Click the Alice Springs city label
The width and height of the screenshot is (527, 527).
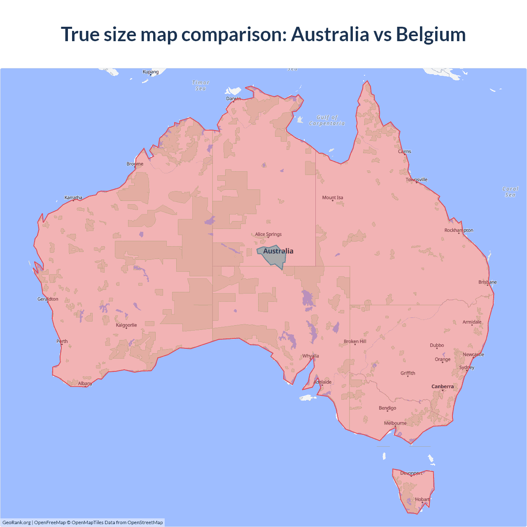click(x=268, y=234)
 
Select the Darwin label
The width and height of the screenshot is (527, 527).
click(x=233, y=98)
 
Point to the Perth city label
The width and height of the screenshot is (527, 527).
click(x=62, y=341)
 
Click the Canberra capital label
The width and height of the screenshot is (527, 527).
click(x=443, y=386)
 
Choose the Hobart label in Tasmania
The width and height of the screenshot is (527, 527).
click(x=422, y=499)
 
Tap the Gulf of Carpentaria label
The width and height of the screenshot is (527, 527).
click(x=327, y=120)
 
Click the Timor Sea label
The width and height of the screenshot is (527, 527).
click(x=201, y=85)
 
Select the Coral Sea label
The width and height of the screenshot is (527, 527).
click(x=510, y=192)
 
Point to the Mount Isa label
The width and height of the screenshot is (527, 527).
click(x=332, y=198)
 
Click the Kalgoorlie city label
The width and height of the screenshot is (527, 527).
click(x=126, y=325)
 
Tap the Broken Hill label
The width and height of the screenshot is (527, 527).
click(x=355, y=341)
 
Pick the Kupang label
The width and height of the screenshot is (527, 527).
click(x=151, y=72)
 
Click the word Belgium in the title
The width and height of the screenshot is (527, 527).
click(x=431, y=34)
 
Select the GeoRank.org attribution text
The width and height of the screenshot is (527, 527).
click(x=16, y=522)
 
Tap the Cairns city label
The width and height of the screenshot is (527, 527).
click(x=404, y=152)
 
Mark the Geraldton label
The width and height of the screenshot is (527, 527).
click(x=48, y=299)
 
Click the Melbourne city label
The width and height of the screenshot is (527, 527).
click(x=395, y=423)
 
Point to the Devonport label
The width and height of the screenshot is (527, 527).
click(x=411, y=473)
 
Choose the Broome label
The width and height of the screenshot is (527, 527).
click(x=135, y=164)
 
